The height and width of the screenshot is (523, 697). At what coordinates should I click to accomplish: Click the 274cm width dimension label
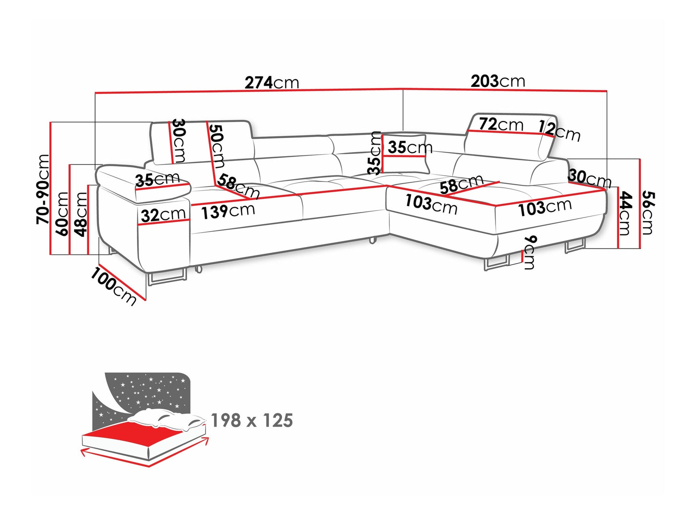[272, 83]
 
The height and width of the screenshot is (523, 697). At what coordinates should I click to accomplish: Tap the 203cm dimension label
[498, 81]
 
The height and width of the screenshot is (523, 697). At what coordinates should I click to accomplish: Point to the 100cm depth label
[113, 286]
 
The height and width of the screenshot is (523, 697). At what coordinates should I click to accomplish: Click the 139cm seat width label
[228, 211]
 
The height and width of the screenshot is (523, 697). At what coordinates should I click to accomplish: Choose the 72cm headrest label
[501, 124]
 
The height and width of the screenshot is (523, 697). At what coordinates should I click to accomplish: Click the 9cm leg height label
[529, 252]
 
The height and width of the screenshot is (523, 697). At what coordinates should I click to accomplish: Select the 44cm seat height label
[624, 213]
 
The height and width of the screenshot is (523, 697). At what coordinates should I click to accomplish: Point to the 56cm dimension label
[647, 213]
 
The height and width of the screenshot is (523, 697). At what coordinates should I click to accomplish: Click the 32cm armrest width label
[163, 214]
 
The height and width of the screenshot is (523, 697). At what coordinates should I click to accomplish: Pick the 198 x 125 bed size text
[252, 420]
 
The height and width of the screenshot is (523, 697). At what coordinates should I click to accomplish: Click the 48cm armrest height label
[81, 214]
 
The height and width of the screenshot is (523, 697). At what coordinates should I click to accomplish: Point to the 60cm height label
[63, 213]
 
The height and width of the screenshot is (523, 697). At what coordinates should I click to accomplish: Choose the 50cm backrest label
[216, 145]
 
